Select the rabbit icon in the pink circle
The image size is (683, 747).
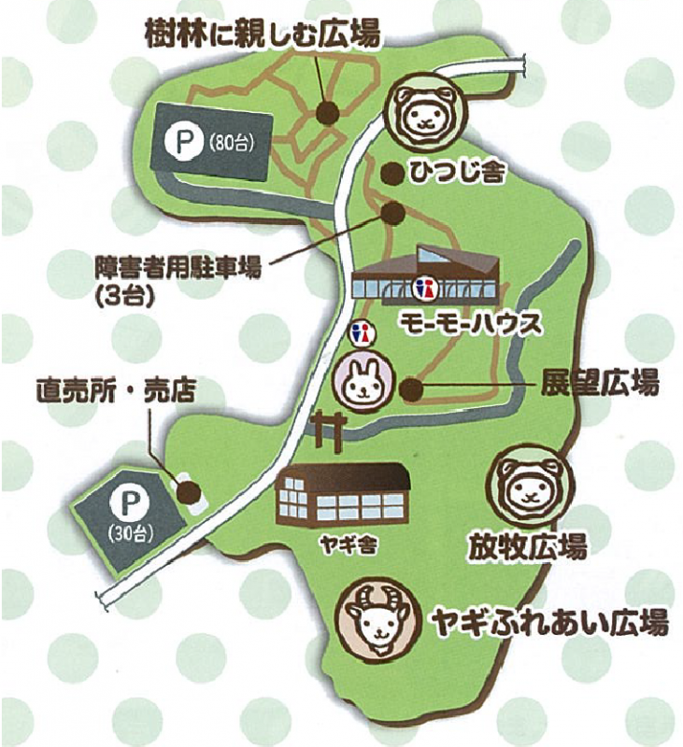coord(361,380)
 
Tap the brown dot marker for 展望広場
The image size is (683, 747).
coord(409,385)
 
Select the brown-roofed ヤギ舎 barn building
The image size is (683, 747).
coord(343,492)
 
